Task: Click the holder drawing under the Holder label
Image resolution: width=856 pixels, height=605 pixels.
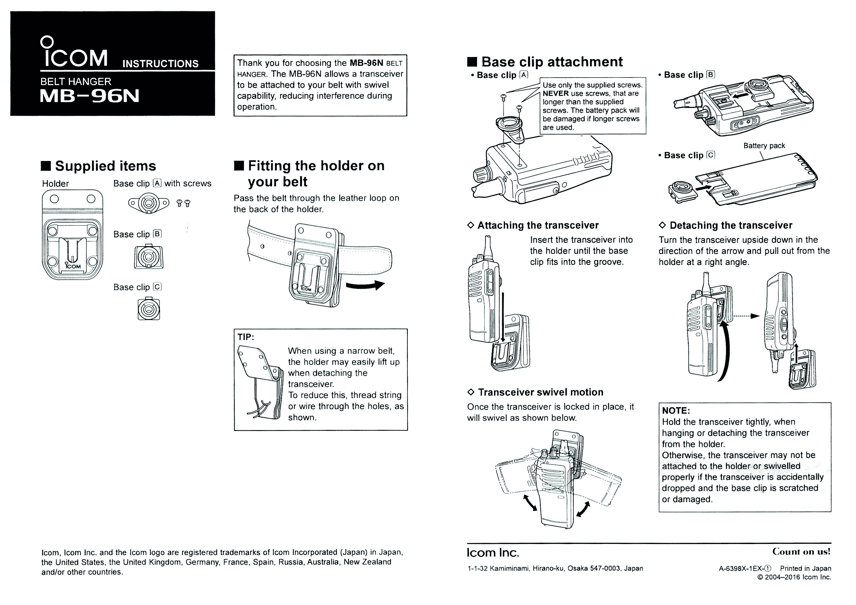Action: [x=72, y=235]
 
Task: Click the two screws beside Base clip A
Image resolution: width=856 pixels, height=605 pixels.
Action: [x=183, y=203]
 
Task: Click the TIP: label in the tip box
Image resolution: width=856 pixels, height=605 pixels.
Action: [x=246, y=337]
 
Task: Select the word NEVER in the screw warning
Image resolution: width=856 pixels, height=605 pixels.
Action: [x=556, y=94]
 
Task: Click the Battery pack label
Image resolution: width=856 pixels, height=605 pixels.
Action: [x=764, y=146]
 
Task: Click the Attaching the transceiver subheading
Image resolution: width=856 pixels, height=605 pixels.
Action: [x=538, y=225]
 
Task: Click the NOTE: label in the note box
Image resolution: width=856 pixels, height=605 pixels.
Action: [x=676, y=411]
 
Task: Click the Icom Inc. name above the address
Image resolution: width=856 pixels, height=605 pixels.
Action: [x=493, y=553]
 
